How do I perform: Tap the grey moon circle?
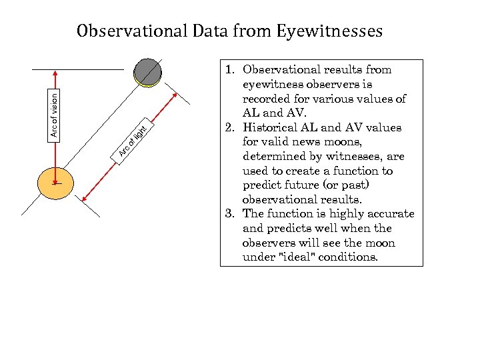point(147,72)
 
